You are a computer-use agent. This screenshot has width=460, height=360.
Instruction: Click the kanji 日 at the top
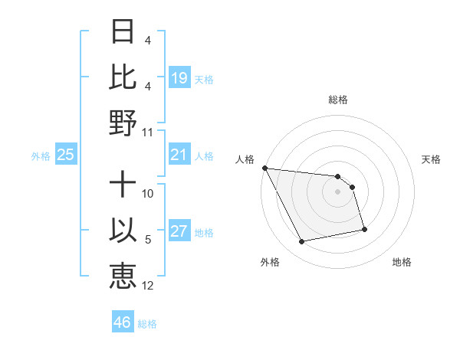pos(123,32)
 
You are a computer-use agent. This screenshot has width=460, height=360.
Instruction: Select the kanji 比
pos(123,77)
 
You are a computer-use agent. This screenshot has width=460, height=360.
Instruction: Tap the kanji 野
pos(123,122)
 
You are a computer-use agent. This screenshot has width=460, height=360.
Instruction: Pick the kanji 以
pos(123,231)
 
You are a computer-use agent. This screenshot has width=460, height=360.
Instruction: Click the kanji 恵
pos(123,275)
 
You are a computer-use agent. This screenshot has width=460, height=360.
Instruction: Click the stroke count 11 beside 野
pos(149,133)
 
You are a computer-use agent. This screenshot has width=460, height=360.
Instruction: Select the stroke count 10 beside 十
pos(149,194)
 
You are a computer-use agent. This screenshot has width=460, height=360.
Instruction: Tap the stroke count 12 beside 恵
pos(149,286)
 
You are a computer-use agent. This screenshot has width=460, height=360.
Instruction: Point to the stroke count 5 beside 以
pos(148,241)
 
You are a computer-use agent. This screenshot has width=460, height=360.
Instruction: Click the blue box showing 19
pos(179,77)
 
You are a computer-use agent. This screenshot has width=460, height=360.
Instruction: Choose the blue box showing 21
pos(179,155)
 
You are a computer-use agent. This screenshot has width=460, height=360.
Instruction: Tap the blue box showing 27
pos(179,232)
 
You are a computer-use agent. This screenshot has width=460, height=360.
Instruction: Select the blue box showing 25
pos(66,155)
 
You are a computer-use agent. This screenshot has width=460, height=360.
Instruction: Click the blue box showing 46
pos(123,322)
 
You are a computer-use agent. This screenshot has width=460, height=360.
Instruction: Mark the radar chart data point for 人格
pos(265,168)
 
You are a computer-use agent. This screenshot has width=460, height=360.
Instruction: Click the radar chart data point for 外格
pos(302,242)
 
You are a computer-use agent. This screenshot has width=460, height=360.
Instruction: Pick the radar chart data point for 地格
pos(364,229)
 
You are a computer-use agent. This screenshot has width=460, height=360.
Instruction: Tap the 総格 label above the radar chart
pos(338,100)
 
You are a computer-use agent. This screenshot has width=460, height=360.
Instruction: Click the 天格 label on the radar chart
pos(432,159)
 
